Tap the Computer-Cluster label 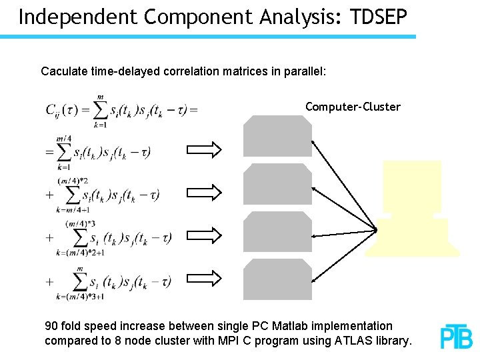point(353,107)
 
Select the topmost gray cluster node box point(277,136)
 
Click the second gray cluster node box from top point(277,184)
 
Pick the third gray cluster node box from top point(277,231)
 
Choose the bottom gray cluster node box point(277,279)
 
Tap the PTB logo point(456,337)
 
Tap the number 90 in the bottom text point(51,326)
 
